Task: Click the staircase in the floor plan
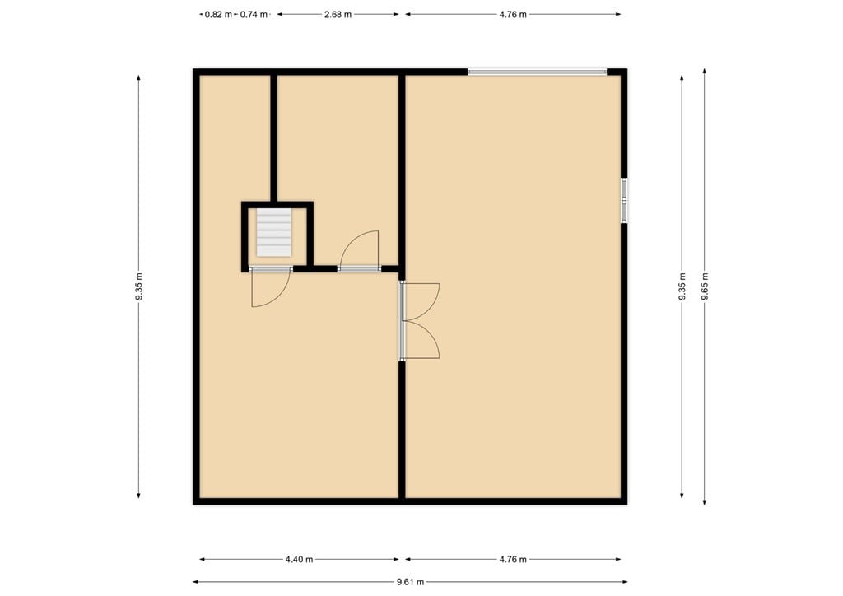pyautogui.click(x=273, y=232)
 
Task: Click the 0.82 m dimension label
pyautogui.click(x=218, y=14)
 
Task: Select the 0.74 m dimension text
pyautogui.click(x=254, y=14)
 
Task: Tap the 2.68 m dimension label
pyautogui.click(x=338, y=14)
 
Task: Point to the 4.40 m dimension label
pyautogui.click(x=298, y=559)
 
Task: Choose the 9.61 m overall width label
pyautogui.click(x=410, y=582)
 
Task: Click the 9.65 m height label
pyautogui.click(x=705, y=286)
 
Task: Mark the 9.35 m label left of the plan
pyautogui.click(x=139, y=286)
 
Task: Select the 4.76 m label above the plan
pyautogui.click(x=512, y=14)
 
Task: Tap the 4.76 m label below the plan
pyautogui.click(x=512, y=559)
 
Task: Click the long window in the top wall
pyautogui.click(x=537, y=72)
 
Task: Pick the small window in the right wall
pyautogui.click(x=624, y=200)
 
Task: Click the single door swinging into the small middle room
pyautogui.click(x=361, y=251)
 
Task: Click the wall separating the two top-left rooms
pyautogui.click(x=274, y=136)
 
